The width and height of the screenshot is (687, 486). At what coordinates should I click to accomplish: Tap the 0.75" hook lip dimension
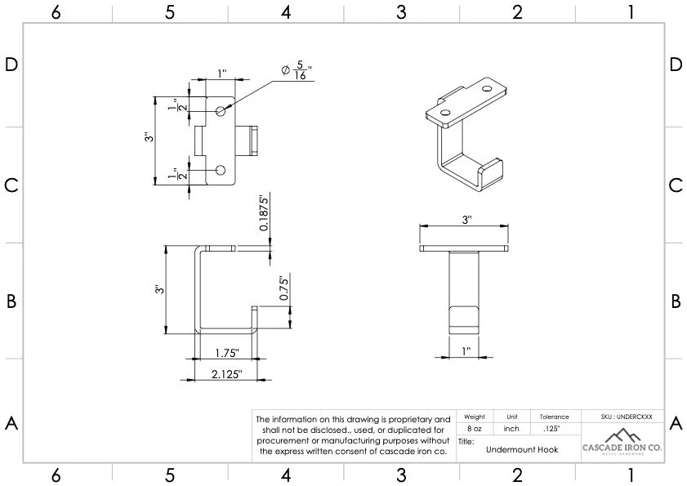(283, 288)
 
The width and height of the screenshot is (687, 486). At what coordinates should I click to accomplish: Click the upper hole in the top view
(221, 110)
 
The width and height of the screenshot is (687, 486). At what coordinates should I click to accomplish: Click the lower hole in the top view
(221, 170)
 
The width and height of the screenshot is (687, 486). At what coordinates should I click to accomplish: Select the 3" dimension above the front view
(466, 221)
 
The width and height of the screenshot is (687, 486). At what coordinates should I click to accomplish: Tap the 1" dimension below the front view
(466, 350)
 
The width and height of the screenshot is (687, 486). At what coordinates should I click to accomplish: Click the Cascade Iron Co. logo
(622, 441)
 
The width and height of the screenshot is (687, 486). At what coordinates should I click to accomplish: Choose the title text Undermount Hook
(521, 449)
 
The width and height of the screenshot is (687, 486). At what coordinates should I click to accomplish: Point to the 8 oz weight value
(474, 428)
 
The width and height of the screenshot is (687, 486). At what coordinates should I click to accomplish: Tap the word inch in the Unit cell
(512, 428)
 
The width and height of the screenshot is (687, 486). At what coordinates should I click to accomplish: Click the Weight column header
(474, 417)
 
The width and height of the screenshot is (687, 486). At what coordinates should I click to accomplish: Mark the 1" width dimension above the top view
(222, 74)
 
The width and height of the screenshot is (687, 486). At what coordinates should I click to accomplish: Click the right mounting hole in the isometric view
(488, 88)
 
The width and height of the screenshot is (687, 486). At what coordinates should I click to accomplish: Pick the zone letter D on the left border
(11, 65)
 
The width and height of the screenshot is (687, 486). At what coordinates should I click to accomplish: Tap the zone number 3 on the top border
(401, 12)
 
